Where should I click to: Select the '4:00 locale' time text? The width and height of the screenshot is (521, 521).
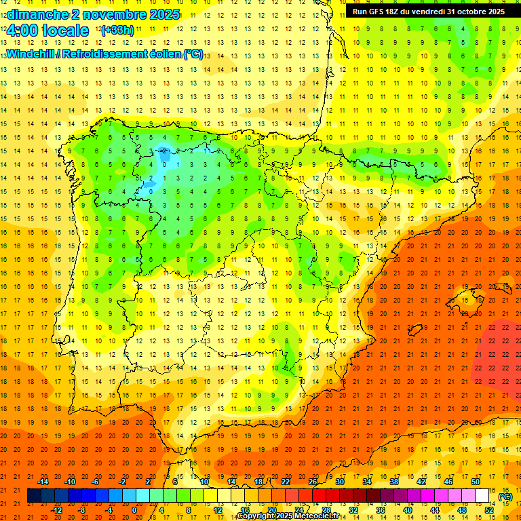47,31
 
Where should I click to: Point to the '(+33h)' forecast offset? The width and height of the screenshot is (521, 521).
117,31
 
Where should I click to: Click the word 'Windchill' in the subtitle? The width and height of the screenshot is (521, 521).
30,54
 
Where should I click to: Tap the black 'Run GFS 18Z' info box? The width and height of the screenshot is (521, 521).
428,12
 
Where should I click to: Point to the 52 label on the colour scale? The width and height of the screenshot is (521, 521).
489,510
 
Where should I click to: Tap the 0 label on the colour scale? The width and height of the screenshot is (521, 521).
134,510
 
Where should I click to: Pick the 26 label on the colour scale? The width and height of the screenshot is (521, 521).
313,482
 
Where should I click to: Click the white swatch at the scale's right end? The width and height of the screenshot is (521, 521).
482,496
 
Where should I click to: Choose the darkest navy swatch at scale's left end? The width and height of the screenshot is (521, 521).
34,496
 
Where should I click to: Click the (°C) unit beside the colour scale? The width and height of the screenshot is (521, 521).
505,497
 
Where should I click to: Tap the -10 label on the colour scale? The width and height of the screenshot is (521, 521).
70,482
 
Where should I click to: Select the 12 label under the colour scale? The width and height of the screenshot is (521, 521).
217,510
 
